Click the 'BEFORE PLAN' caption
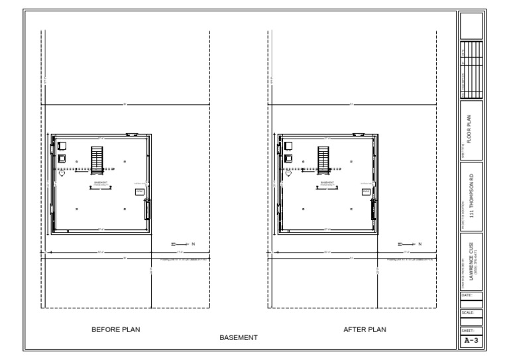(116, 329)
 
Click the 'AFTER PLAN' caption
(365, 329)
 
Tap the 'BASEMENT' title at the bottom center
(239, 338)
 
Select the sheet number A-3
(471, 341)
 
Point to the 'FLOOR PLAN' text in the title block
(469, 130)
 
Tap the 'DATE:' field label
(466, 293)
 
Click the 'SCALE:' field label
(467, 312)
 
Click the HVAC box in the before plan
(139, 191)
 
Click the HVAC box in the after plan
(366, 191)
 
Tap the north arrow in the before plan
(180, 245)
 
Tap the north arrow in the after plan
(407, 245)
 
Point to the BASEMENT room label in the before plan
(100, 182)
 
